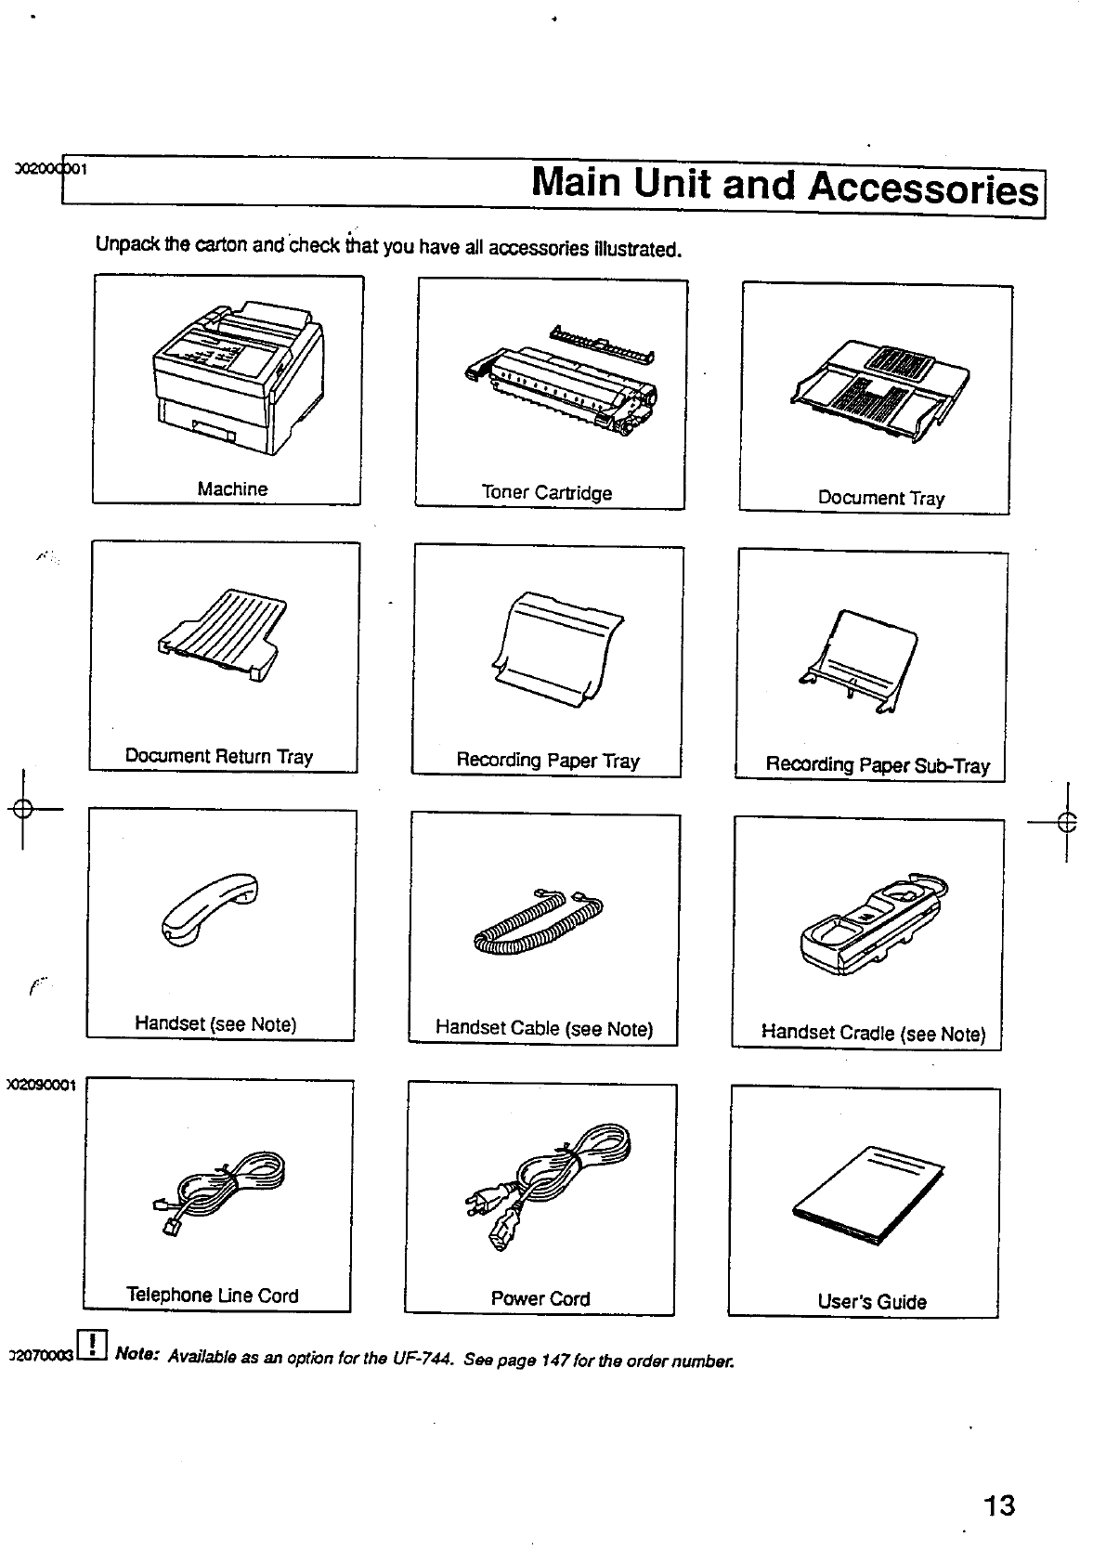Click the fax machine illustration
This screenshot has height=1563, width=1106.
237,376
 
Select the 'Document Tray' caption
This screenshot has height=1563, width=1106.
880,498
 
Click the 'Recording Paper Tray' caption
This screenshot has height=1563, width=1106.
547,761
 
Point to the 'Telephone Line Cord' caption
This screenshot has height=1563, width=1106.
213,1296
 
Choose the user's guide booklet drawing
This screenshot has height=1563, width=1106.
867,1197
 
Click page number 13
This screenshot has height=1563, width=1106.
999,1505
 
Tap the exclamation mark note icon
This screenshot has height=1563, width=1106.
95,1344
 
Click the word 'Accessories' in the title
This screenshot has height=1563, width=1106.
923,189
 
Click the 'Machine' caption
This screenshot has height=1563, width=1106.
232,489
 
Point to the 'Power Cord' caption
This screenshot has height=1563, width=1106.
540,1298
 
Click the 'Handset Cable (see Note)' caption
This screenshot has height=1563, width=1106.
544,1028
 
